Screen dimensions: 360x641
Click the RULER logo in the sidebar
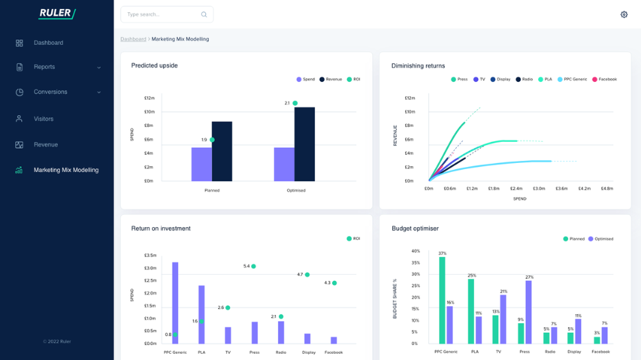(57, 14)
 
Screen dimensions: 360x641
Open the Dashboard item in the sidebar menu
(48, 43)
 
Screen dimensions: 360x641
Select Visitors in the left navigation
(43, 119)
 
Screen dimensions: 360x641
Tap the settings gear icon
(623, 14)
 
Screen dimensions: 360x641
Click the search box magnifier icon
(204, 14)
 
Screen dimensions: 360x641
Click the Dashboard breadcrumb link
(133, 39)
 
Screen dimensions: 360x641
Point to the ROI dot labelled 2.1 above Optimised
(295, 103)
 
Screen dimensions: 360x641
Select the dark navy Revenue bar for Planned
(222, 151)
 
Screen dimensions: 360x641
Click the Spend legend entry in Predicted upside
(305, 79)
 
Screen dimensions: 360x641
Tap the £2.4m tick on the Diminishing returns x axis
(516, 188)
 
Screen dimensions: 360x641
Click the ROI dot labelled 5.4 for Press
(253, 266)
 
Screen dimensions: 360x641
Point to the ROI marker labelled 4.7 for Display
(307, 274)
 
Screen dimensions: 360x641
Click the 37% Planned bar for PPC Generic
(442, 300)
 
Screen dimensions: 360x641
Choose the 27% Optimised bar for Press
(528, 312)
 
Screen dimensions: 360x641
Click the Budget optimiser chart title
(415, 228)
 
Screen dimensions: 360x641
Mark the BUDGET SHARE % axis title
(395, 299)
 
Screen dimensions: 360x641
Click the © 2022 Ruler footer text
(57, 342)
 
